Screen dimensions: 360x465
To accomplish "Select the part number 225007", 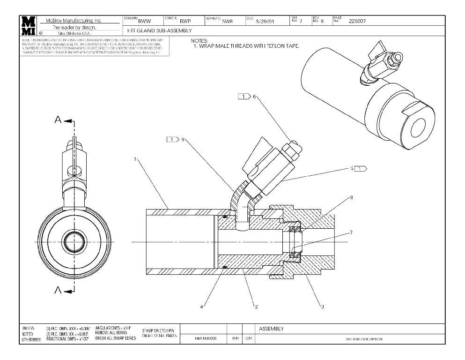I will tap(358, 21).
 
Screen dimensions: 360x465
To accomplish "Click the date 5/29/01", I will tap(265, 22).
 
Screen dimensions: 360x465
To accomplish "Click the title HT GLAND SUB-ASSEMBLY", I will tap(159, 30).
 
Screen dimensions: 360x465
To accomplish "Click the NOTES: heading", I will tap(199, 41).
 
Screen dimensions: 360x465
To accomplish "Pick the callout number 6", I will tap(254, 97).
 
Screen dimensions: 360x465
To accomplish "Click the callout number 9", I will tap(183, 139).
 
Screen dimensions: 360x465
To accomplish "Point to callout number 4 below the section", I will tap(202, 307).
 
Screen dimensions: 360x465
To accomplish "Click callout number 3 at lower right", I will tap(323, 307).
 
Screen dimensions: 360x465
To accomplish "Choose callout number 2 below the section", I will tap(256, 307).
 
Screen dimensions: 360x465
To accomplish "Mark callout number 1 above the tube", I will tap(135, 159).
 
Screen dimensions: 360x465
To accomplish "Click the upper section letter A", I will tap(58, 120).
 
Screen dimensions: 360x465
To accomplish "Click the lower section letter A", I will tap(58, 291).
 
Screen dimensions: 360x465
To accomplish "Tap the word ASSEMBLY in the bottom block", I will tap(271, 329).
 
